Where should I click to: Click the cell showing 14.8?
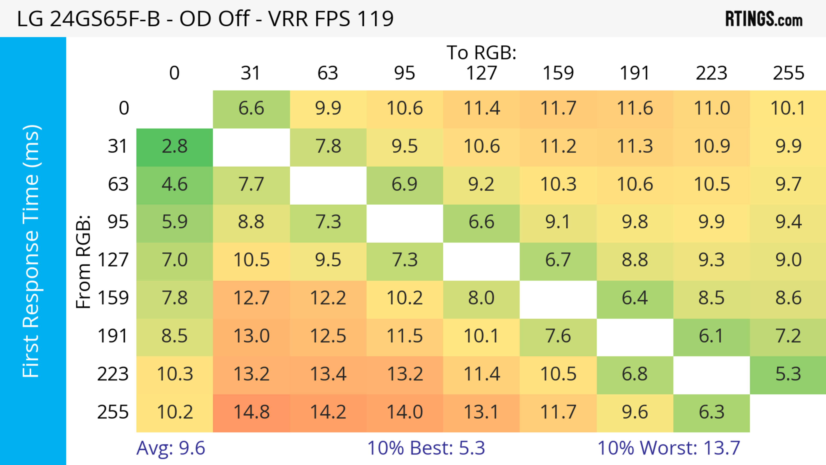[x=251, y=412]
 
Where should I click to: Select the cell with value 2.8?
[x=174, y=147]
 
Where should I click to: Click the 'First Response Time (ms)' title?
[x=31, y=251]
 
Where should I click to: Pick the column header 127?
[x=481, y=73]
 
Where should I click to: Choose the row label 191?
[x=113, y=336]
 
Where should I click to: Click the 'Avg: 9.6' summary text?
[x=171, y=448]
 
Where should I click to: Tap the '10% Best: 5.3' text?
[x=426, y=448]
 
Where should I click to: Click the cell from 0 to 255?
[x=788, y=108]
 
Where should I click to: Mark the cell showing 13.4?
[x=328, y=374]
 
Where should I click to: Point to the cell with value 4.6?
[x=174, y=184]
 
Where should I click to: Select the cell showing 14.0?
[x=405, y=412]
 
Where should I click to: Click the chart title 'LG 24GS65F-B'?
[x=205, y=19]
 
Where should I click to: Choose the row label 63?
[x=118, y=184]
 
